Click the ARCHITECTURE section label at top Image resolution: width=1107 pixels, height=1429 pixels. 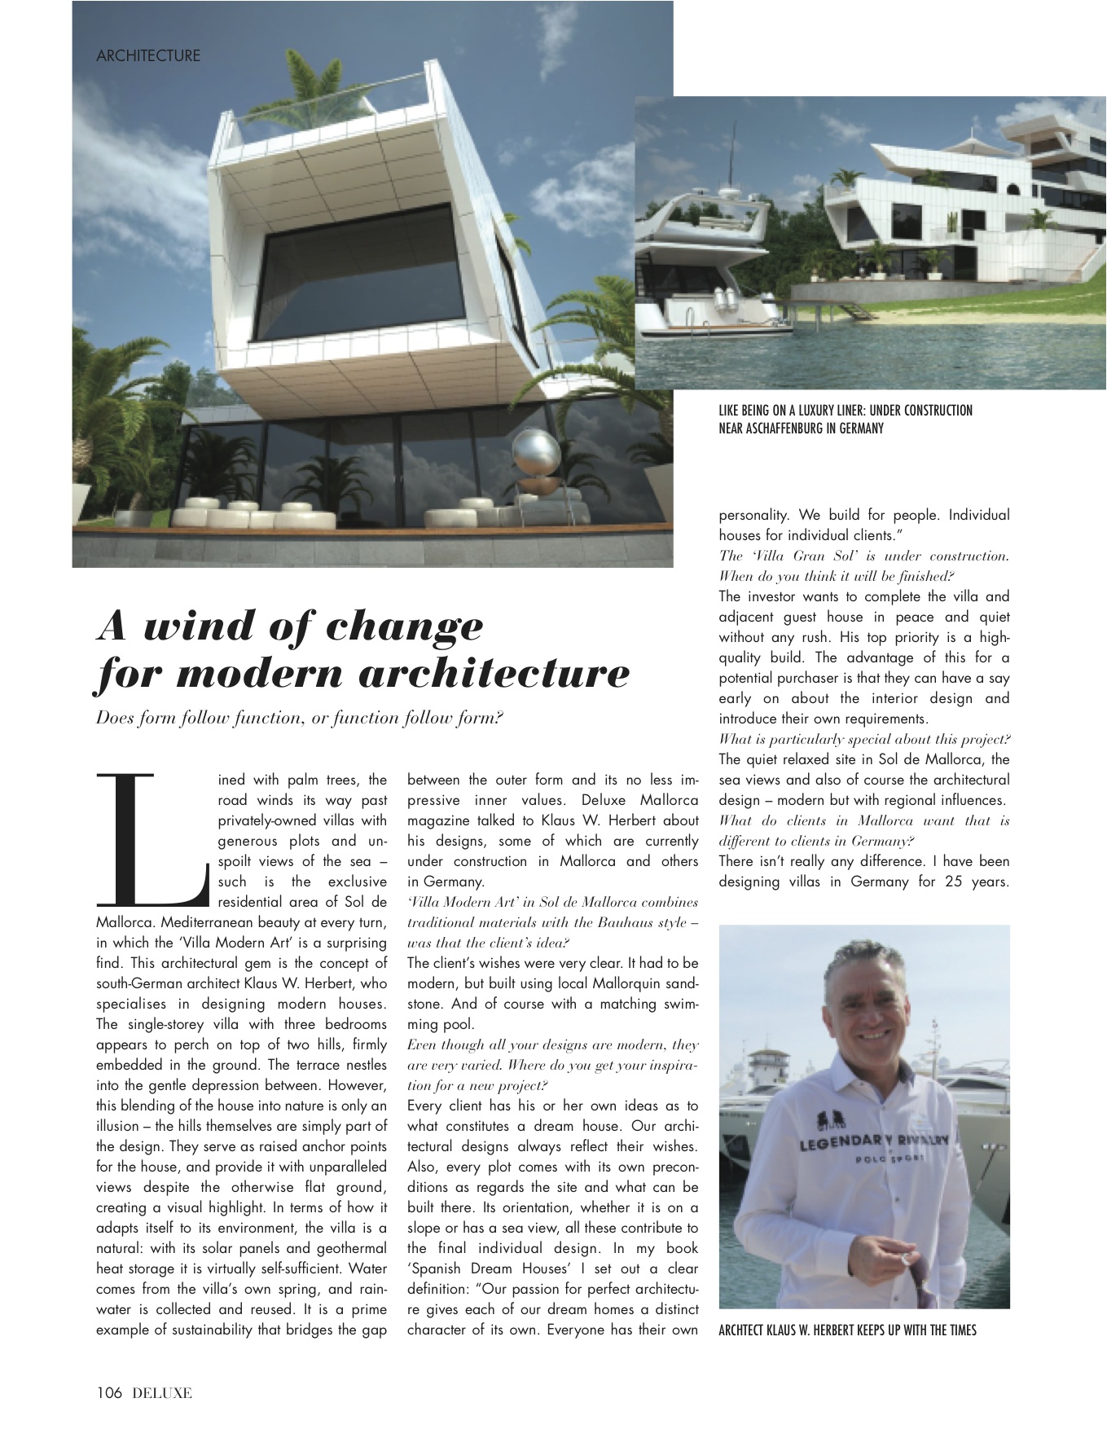pyautogui.click(x=147, y=56)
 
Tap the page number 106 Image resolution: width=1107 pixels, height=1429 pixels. pyautogui.click(x=108, y=1392)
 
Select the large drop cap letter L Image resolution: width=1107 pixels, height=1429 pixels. pyautogui.click(x=152, y=839)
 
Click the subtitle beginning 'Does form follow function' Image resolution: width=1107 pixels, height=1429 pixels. pyautogui.click(x=300, y=718)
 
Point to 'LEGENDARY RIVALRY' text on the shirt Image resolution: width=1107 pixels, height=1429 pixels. pyautogui.click(x=873, y=1142)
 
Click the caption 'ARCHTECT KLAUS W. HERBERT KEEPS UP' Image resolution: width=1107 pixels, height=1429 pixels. pyautogui.click(x=847, y=1330)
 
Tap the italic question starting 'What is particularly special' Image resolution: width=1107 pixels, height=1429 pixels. pyautogui.click(x=863, y=740)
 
